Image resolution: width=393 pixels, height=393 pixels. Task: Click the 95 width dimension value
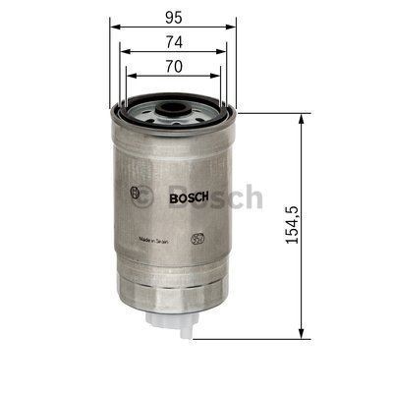pos(173,17)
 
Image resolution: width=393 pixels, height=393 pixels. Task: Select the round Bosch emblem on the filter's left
pos(135,193)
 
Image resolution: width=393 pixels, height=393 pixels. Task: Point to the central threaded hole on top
pos(173,104)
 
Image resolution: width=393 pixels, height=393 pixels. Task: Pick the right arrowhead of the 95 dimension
pos(236,28)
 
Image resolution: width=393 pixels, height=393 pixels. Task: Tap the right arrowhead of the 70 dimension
pos(220,78)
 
